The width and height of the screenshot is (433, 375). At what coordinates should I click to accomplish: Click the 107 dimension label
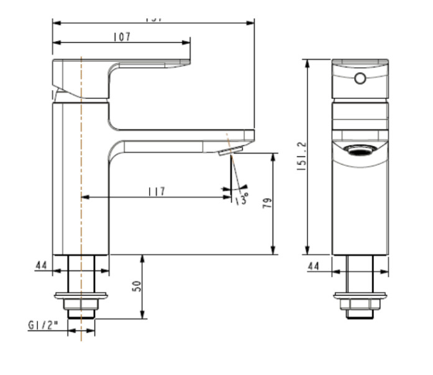[x=122, y=37]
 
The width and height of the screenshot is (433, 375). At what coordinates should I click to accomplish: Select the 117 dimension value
[x=157, y=191]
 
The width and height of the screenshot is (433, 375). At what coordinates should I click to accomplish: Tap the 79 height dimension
[x=268, y=203]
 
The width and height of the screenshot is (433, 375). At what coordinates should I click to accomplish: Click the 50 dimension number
[x=137, y=286]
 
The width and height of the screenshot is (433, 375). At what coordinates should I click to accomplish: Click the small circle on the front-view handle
[x=360, y=78]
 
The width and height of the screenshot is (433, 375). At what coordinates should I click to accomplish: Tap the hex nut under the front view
[x=360, y=306]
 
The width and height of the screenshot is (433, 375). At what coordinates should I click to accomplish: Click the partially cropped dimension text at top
[x=153, y=19]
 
